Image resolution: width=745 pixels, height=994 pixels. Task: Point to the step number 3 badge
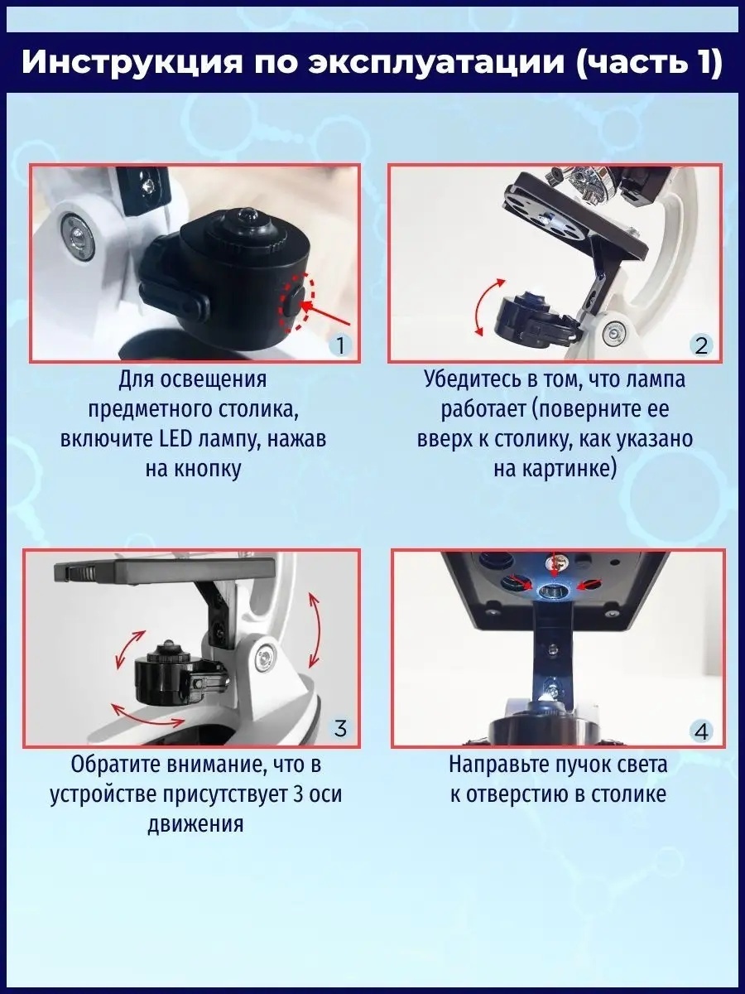(340, 729)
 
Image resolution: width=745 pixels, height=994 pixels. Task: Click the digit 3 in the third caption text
(299, 794)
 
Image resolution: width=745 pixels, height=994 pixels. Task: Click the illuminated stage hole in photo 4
(553, 591)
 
